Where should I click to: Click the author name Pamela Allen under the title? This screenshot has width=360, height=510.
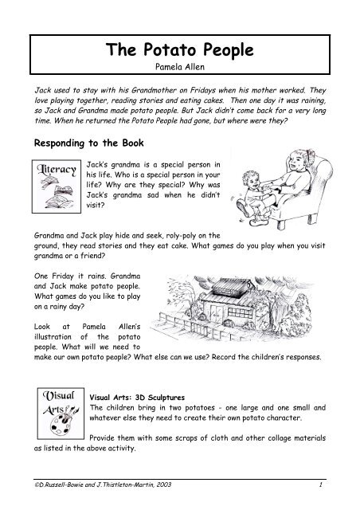[x=180, y=70]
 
